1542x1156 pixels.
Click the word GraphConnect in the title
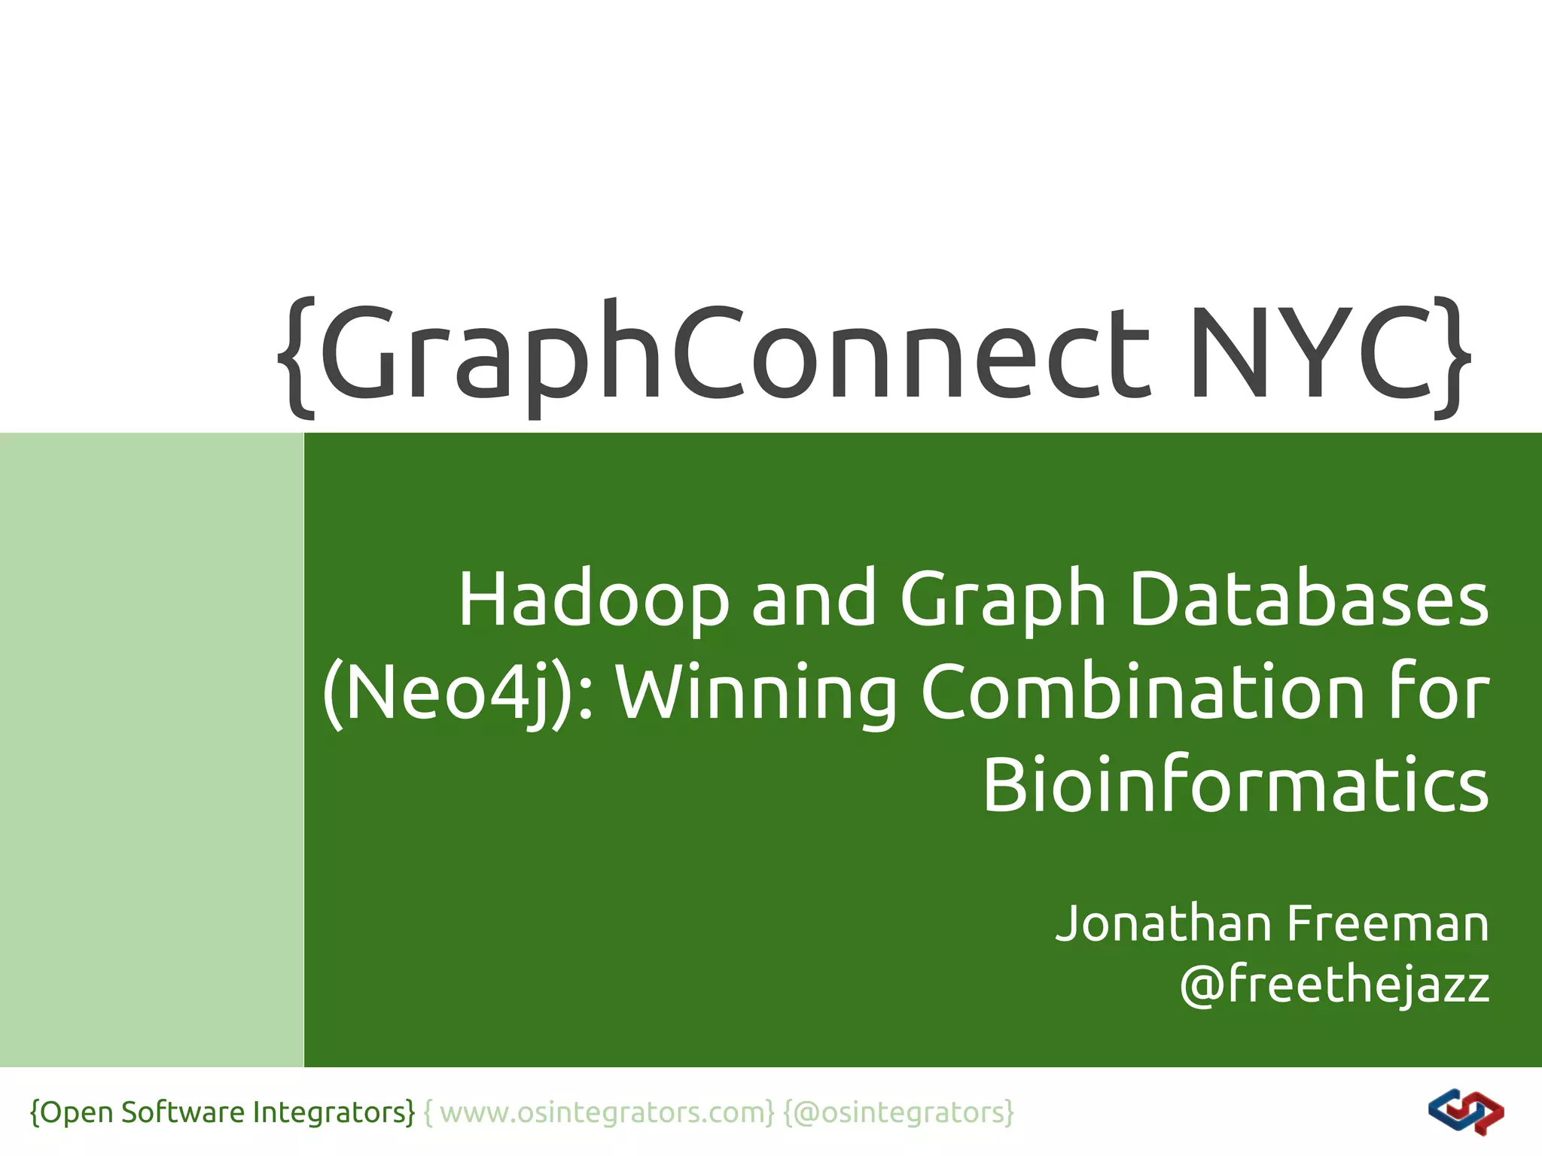point(738,352)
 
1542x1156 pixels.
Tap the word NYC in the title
point(1310,352)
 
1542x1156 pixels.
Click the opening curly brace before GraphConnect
point(297,357)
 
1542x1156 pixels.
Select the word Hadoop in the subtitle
point(594,600)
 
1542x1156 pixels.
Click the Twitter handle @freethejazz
point(1334,984)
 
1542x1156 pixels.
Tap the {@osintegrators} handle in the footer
point(899,1112)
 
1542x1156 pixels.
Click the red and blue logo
point(1465,1112)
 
